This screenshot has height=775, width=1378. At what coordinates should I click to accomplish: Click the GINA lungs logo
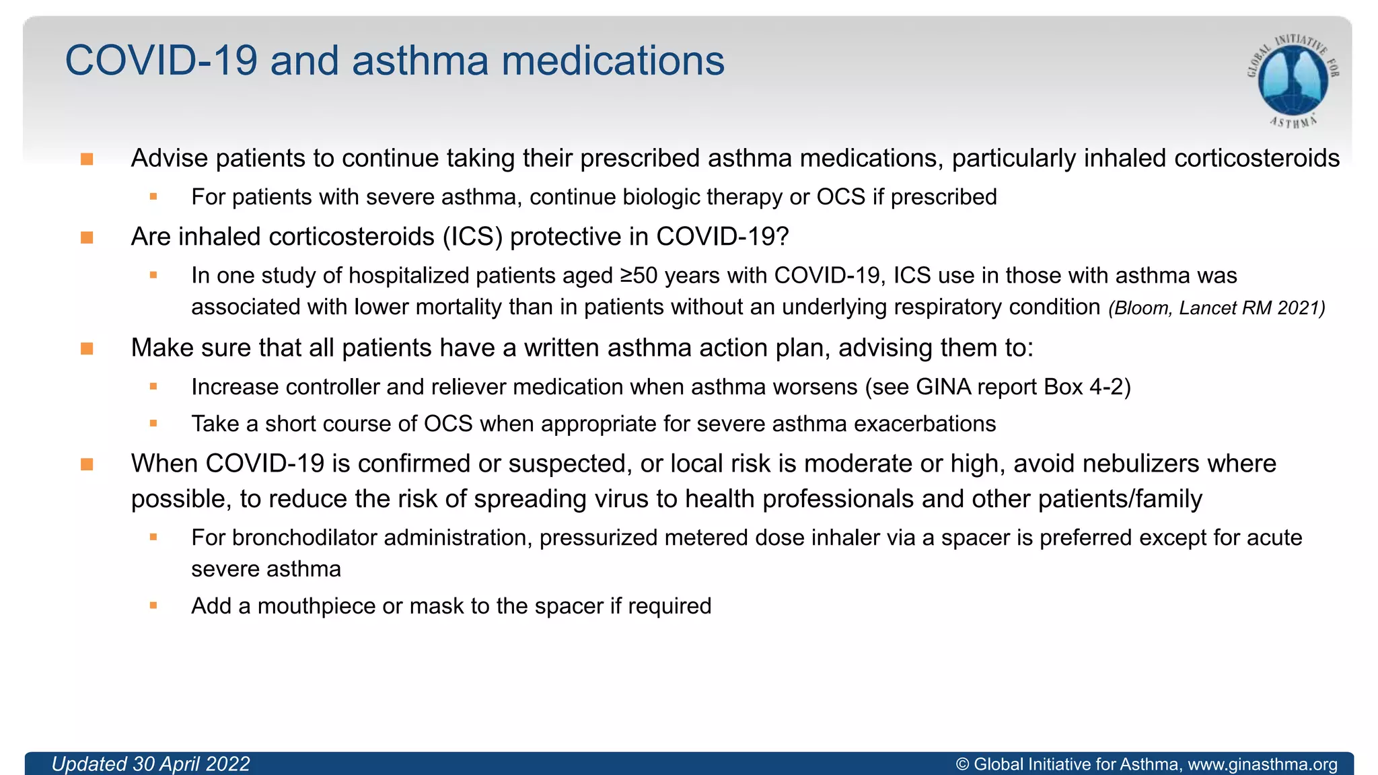click(1293, 80)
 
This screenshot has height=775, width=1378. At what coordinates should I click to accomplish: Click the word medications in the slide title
click(613, 61)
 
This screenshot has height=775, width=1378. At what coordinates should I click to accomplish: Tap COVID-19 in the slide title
click(161, 61)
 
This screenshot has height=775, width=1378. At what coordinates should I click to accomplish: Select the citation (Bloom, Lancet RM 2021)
click(1217, 308)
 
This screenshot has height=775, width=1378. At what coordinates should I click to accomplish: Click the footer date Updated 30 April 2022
click(151, 764)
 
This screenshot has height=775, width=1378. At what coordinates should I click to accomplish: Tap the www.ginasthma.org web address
click(1262, 764)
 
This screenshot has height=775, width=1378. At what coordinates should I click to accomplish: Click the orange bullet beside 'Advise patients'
click(87, 159)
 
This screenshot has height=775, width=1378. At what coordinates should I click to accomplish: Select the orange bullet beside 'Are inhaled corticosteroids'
click(87, 237)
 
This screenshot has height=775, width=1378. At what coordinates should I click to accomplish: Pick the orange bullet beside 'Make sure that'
click(87, 348)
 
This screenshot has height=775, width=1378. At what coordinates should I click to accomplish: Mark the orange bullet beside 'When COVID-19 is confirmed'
click(87, 464)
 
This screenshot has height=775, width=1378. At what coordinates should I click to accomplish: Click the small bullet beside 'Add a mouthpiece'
click(153, 605)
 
